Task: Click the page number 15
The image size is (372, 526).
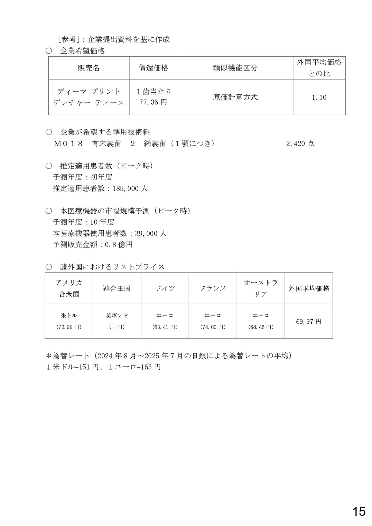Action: [x=359, y=511]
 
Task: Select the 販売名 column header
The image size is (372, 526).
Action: [x=89, y=68]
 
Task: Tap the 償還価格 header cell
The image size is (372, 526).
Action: [x=154, y=68]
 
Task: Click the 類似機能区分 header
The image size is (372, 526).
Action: [x=235, y=68]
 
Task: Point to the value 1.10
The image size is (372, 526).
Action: [x=319, y=98]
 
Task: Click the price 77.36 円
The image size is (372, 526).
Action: [x=153, y=102]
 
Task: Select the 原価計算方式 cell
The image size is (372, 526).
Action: [x=235, y=97]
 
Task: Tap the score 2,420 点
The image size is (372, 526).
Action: [x=300, y=144]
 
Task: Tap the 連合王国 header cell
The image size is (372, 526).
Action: [x=117, y=288]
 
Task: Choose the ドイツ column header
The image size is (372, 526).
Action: [x=165, y=288]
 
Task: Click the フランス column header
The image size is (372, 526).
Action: [x=213, y=288]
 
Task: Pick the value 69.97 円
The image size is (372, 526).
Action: [x=308, y=322]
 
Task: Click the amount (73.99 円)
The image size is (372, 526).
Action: [x=69, y=327]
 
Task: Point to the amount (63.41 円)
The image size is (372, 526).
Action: [x=165, y=327]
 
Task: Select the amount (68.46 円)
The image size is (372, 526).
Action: [x=261, y=327]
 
